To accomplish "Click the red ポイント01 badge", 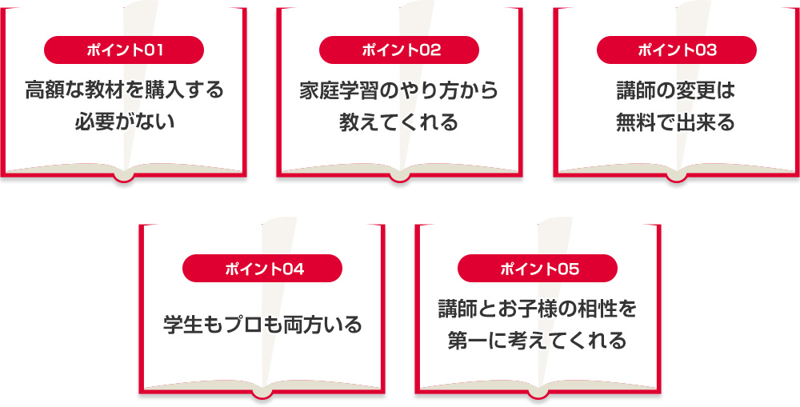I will tap(124, 50).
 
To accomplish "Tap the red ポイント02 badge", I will tap(401, 50).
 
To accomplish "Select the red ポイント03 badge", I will tap(677, 50).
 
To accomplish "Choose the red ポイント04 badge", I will tap(262, 268).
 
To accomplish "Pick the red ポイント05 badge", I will tap(538, 268).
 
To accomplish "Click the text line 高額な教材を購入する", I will tap(124, 90).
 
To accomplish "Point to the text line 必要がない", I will tap(124, 123).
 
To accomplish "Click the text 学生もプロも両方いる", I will tap(262, 325).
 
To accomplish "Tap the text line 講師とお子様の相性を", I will tap(538, 308).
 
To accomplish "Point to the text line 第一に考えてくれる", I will tap(538, 341).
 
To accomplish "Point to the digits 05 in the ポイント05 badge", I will tap(565, 268).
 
